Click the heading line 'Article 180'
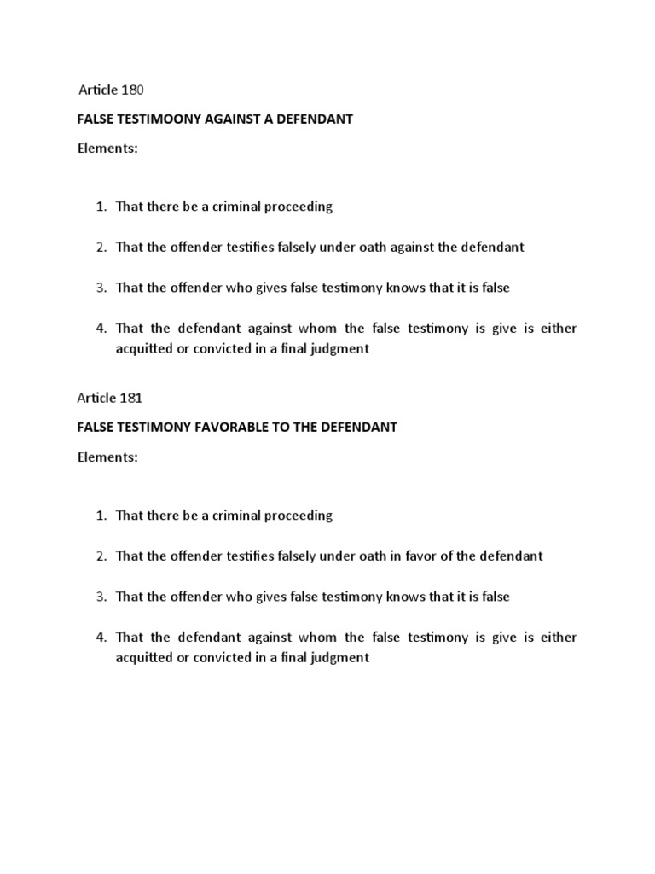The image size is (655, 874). pos(115,90)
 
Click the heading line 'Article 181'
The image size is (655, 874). pos(115,397)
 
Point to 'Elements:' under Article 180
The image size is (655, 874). pos(107,149)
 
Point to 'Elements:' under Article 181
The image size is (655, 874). pos(107,457)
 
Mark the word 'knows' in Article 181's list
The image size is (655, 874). pos(408,597)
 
